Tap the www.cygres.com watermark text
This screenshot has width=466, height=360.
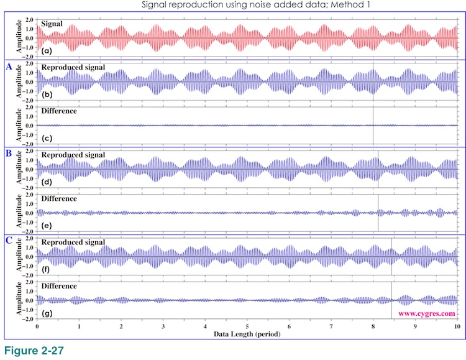pos(427,313)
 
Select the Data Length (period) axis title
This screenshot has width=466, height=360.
pos(247,334)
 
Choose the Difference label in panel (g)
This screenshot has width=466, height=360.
pos(58,286)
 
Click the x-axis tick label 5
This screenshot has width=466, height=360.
pos(247,326)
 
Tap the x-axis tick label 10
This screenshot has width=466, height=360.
pos(457,326)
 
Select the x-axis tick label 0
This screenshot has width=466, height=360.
pos(37,326)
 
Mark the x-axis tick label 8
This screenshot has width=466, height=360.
pos(373,326)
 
